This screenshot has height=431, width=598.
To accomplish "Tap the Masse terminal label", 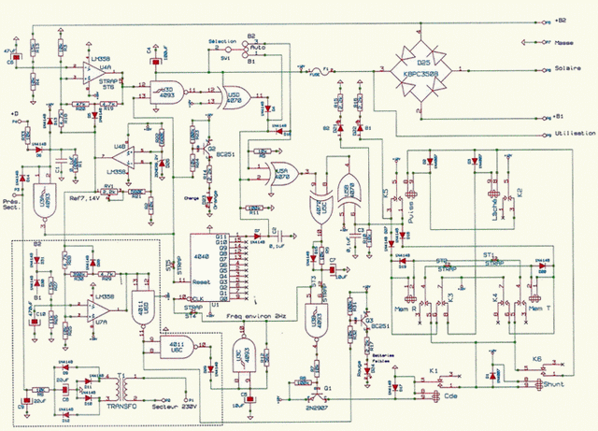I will point(564,42).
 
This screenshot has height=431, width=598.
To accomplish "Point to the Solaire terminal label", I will point(566,69).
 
